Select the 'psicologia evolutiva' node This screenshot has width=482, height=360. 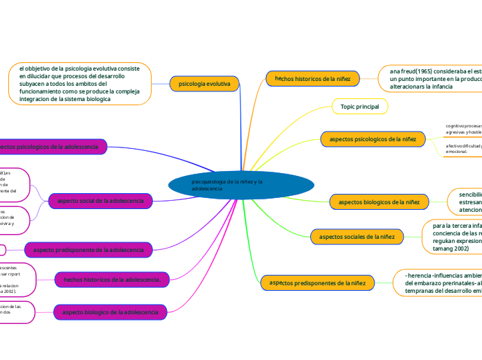tap(204, 84)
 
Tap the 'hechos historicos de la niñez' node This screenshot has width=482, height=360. tap(312, 79)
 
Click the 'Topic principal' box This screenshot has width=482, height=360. tap(360, 107)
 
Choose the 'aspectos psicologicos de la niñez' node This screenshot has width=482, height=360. tap(373, 139)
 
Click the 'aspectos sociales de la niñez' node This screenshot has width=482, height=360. tap(357, 237)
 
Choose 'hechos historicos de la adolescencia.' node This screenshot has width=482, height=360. tap(111, 279)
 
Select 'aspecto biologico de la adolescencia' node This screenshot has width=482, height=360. tap(110, 312)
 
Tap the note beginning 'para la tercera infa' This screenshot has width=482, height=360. tap(453, 237)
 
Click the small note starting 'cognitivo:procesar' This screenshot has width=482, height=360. tap(462, 128)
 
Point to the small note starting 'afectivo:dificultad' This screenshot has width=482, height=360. tap(462, 149)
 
